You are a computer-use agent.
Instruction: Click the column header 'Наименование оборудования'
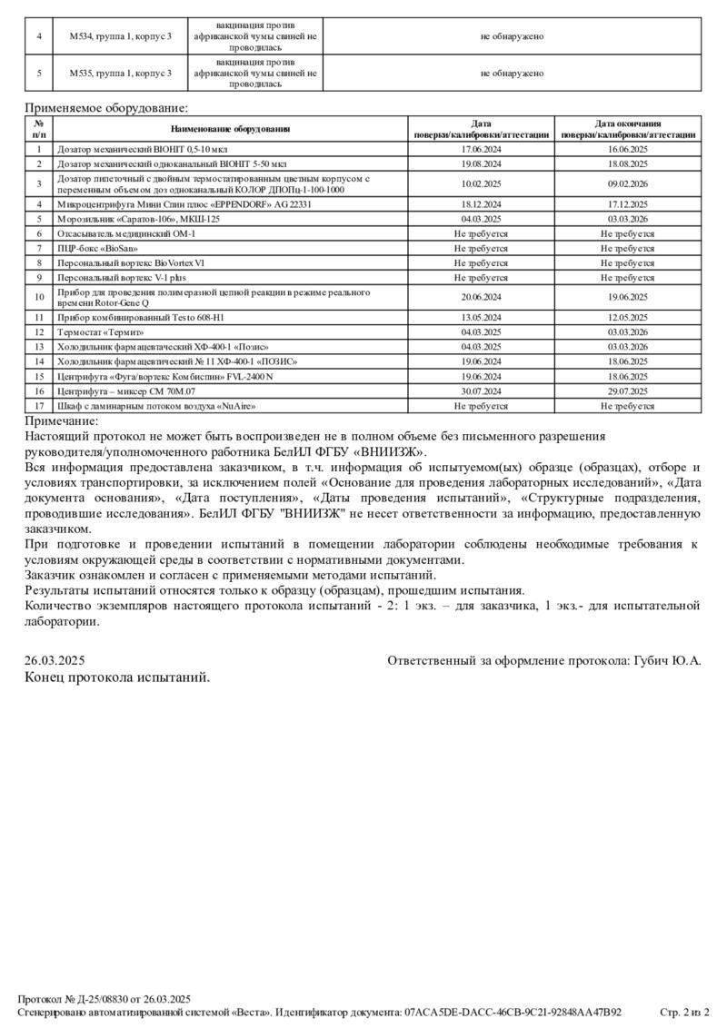coord(229,128)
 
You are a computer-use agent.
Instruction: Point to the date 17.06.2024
coord(481,148)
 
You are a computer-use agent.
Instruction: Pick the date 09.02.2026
coord(628,183)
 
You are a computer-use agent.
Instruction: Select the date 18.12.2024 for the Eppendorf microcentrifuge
coord(481,204)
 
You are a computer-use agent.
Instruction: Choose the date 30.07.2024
coord(481,390)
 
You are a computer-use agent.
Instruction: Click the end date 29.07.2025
coord(628,390)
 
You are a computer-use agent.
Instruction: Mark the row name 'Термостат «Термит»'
coord(101,332)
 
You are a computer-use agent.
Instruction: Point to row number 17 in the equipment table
coord(39,405)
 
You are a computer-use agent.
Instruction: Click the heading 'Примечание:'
coord(62,420)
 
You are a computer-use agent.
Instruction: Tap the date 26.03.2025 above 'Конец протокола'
coord(55,661)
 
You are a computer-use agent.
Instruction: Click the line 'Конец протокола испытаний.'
coord(117,677)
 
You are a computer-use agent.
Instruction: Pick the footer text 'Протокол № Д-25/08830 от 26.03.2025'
coord(105,998)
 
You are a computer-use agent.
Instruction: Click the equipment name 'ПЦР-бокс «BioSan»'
coord(98,247)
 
